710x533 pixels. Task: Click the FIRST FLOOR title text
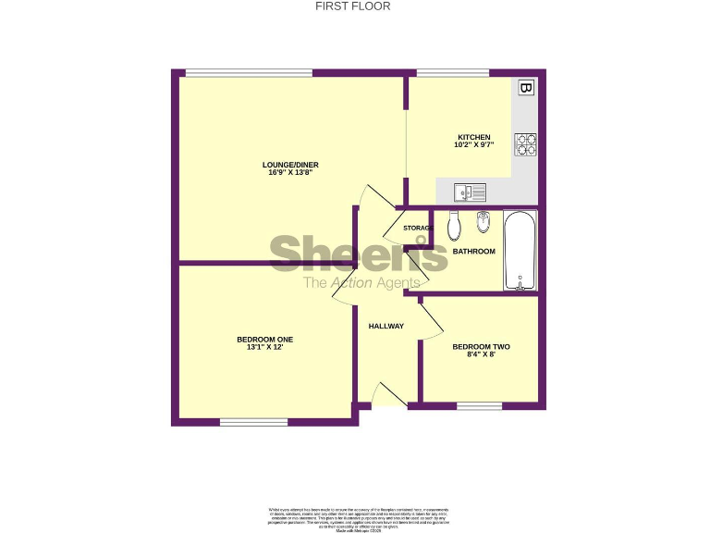[x=353, y=6]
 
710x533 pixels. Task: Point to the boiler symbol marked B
[x=526, y=88]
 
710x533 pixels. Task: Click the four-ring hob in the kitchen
[x=526, y=143]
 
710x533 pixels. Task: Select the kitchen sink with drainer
[x=471, y=192]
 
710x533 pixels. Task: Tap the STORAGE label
[x=418, y=228]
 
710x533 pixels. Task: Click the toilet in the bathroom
[x=453, y=224]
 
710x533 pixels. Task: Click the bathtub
[x=520, y=251]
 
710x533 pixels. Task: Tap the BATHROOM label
[x=473, y=252]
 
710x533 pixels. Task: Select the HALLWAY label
[x=386, y=326]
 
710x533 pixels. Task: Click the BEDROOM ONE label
[x=264, y=340]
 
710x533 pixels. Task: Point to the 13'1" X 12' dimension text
[x=264, y=348]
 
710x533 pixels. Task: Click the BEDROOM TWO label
[x=481, y=347]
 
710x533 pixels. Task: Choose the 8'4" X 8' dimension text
[x=481, y=355]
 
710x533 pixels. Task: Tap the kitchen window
[x=453, y=73]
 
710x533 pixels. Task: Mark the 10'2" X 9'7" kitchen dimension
[x=473, y=145]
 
